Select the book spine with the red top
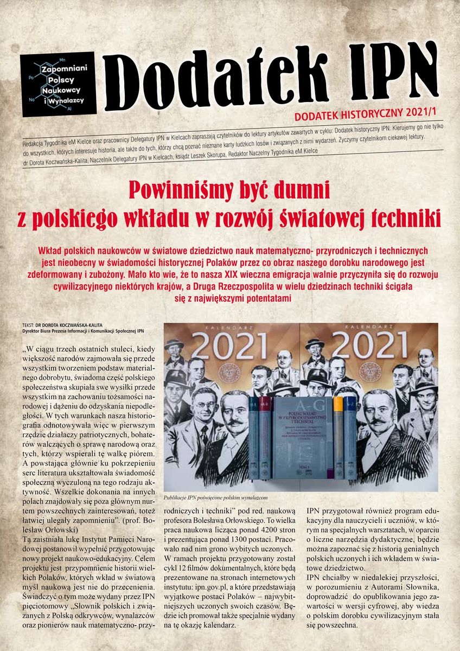click(x=265, y=434)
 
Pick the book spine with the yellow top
click(x=338, y=434)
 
